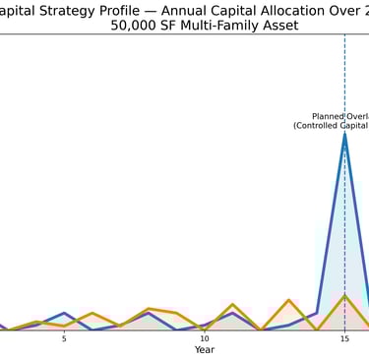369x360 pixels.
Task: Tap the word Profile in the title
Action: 120,10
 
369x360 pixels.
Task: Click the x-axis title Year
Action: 205,350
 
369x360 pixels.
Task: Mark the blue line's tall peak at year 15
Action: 344,133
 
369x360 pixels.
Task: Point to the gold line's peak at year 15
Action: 344,295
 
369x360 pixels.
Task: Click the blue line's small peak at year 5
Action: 64,313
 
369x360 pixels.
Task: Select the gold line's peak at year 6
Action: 92,313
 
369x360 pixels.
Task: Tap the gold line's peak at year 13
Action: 288,300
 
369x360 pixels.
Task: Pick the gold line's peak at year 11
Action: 232,304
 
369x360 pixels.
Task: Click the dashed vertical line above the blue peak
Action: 344,79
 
